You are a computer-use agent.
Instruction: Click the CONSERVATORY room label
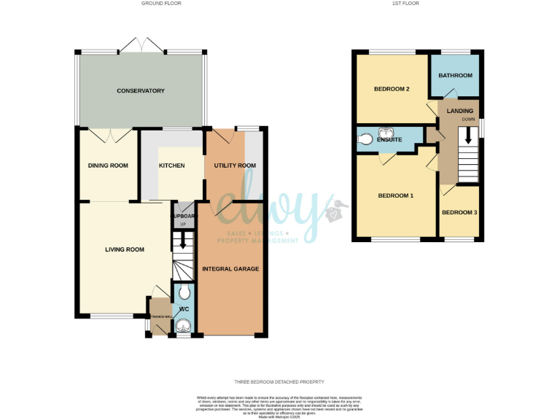click(x=141, y=91)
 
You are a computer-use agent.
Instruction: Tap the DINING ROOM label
click(x=108, y=166)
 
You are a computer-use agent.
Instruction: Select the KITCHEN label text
click(x=171, y=166)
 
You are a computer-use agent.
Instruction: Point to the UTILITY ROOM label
click(x=235, y=166)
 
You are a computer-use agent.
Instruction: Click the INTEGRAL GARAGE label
click(x=230, y=269)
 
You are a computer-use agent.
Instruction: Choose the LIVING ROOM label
click(x=125, y=249)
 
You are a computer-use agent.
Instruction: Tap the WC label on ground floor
click(x=184, y=309)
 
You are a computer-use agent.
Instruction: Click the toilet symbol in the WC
click(x=184, y=293)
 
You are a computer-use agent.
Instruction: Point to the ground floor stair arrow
click(x=183, y=241)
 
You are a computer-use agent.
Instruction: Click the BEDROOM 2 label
click(x=392, y=90)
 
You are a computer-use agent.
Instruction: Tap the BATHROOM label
click(x=455, y=76)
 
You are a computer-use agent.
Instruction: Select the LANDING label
click(x=460, y=111)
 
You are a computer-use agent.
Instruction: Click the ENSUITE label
click(x=390, y=139)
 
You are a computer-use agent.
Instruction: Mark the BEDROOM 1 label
click(x=396, y=196)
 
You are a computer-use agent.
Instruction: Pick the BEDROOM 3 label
click(x=460, y=212)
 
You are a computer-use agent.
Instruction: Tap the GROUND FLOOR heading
click(x=161, y=4)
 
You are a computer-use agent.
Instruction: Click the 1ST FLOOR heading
click(x=405, y=4)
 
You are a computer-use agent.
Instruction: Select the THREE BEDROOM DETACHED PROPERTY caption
click(x=279, y=382)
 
